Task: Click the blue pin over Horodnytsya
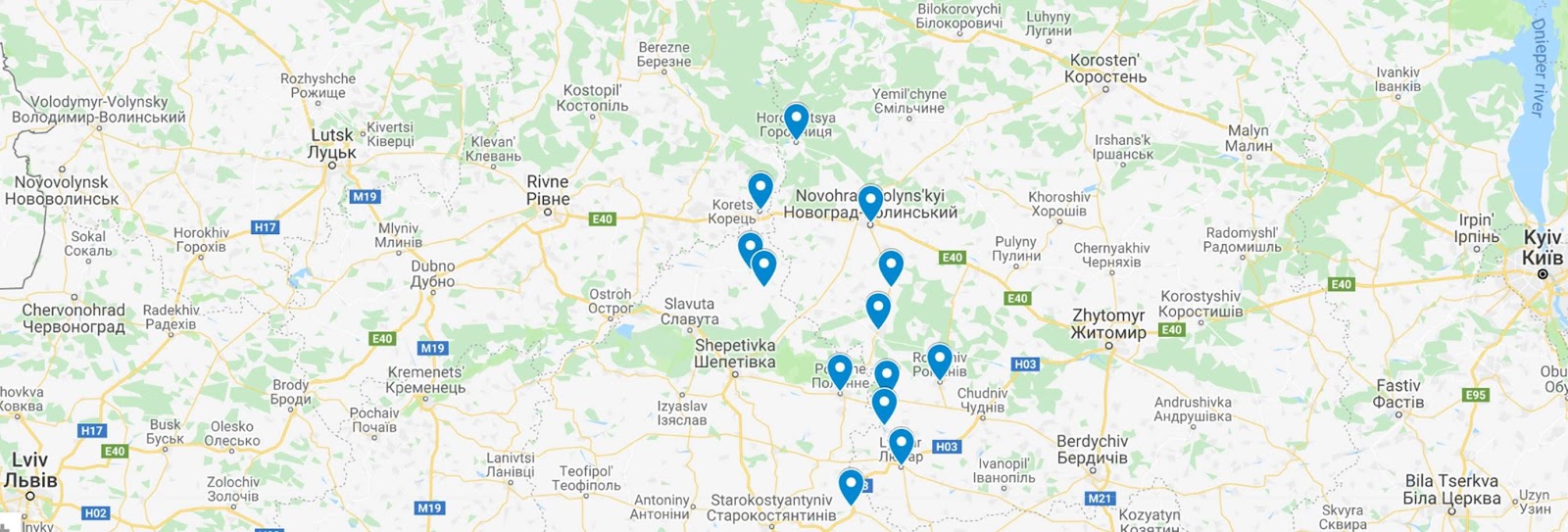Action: [796, 120]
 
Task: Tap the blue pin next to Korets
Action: [760, 188]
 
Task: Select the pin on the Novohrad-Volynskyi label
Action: [870, 202]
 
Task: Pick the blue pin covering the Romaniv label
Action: [939, 360]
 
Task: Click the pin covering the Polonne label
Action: [840, 370]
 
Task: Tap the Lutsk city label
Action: [332, 144]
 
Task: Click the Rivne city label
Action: [548, 190]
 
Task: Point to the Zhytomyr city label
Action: [1108, 323]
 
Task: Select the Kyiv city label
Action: [1542, 248]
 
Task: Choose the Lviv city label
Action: [30, 469]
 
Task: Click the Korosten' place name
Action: [1105, 69]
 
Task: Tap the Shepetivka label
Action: [735, 354]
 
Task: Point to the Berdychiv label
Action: [1092, 450]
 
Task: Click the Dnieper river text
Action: [1539, 69]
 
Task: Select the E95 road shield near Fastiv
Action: [1475, 395]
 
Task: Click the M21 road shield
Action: [1100, 499]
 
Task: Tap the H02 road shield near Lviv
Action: [95, 513]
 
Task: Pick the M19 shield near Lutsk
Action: [365, 197]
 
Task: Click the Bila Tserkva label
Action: [1451, 489]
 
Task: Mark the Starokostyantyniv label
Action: [773, 508]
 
